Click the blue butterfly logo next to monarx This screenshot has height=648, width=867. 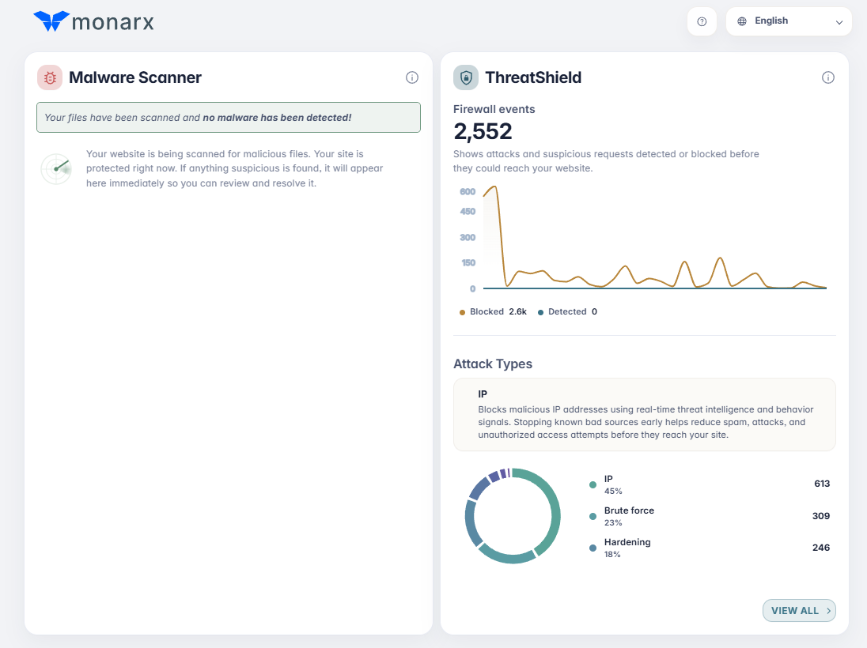click(x=51, y=21)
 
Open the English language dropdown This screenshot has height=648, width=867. click(x=789, y=21)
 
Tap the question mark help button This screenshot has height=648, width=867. click(x=702, y=21)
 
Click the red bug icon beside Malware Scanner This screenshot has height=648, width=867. click(x=50, y=77)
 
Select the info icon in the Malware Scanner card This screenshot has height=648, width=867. click(x=412, y=77)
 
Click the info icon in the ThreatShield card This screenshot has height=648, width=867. click(x=827, y=77)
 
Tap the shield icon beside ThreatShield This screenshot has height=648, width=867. click(x=466, y=77)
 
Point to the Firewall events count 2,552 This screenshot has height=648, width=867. click(x=483, y=131)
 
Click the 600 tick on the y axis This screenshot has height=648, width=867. click(x=468, y=192)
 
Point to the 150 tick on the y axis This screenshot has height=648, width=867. click(x=468, y=263)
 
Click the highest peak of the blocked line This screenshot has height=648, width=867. click(x=494, y=186)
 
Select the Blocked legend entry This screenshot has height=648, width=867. click(x=493, y=311)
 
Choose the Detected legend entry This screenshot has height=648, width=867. click(x=567, y=311)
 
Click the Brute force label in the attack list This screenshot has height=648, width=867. click(x=629, y=510)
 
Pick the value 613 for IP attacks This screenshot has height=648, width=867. click(x=822, y=484)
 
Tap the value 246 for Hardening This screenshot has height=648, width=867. click(x=821, y=548)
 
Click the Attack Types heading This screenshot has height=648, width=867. click(x=493, y=364)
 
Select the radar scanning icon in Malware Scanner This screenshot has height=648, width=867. click(x=56, y=168)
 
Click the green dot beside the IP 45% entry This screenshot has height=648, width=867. click(x=593, y=484)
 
